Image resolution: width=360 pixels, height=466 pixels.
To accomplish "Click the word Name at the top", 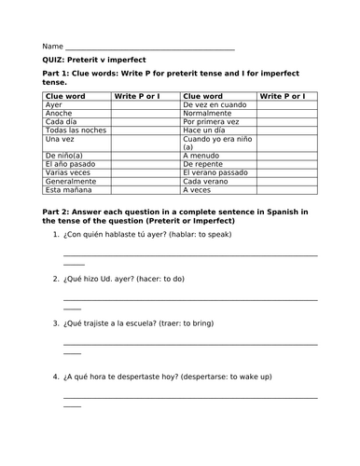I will click(52, 46).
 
